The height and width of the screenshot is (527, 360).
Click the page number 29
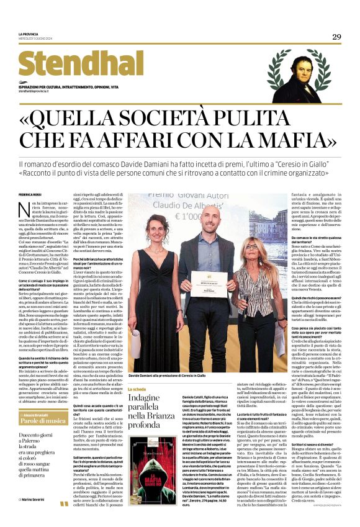[x=336, y=37]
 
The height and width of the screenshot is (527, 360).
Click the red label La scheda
[x=137, y=389]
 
